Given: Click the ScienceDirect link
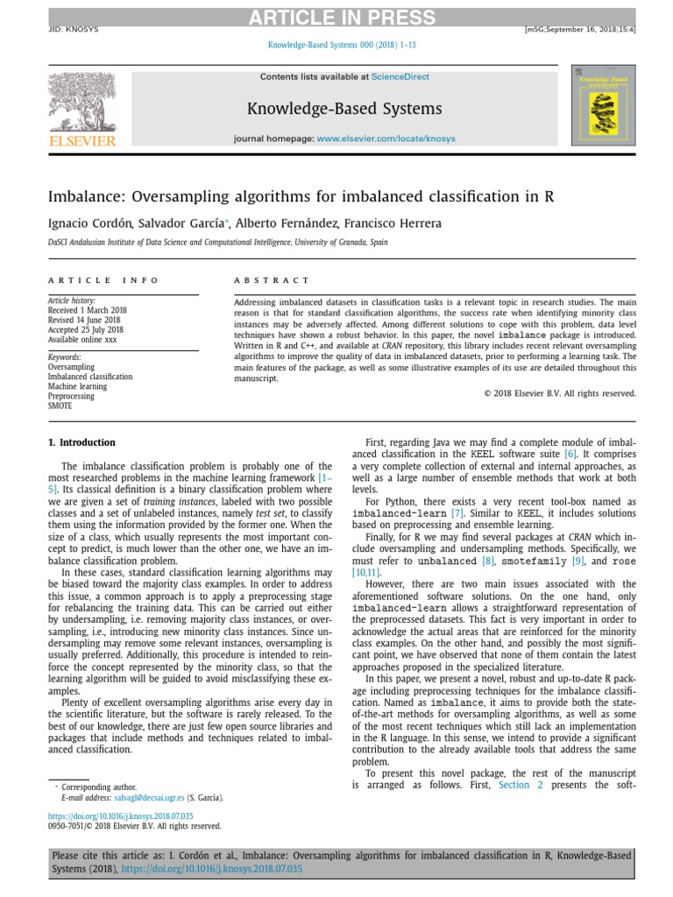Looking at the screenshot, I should [400, 77].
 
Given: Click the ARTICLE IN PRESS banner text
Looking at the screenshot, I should [336, 18].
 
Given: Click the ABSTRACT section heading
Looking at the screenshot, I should [272, 280].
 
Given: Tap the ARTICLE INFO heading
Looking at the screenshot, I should [103, 280].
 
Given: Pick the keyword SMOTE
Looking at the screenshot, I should [60, 406].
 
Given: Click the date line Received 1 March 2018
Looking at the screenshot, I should [87, 310].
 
